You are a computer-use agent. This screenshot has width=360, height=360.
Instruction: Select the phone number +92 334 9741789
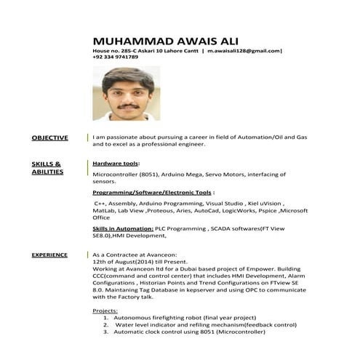click(x=115, y=57)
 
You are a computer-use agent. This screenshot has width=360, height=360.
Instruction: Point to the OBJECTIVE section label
click(x=49, y=137)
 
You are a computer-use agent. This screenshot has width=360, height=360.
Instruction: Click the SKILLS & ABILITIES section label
click(x=47, y=168)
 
